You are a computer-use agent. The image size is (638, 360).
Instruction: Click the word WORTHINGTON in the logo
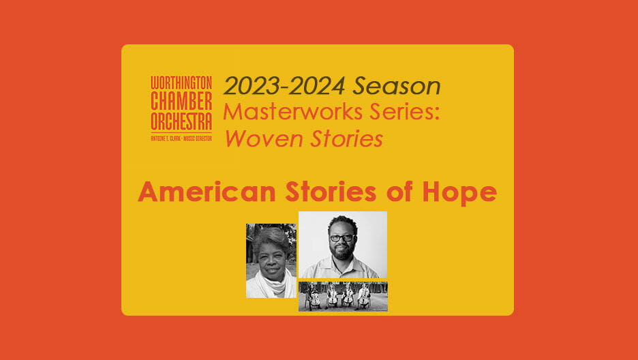[181, 82]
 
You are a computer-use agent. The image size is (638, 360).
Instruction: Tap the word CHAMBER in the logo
[181, 100]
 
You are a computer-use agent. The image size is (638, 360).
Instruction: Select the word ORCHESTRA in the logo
[181, 121]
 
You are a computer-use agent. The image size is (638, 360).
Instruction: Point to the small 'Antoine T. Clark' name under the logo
[166, 138]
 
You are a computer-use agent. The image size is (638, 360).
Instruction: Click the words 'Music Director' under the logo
[198, 138]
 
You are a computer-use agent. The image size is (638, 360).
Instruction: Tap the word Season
[397, 86]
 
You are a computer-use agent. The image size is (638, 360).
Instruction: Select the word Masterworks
[292, 112]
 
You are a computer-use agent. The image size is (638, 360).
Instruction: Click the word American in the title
[207, 192]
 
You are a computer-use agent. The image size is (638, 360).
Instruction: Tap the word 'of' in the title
[400, 191]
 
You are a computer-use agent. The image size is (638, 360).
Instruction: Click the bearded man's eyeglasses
[341, 238]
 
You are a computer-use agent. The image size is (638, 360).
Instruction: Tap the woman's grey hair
[271, 237]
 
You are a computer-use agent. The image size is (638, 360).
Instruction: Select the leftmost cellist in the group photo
[314, 297]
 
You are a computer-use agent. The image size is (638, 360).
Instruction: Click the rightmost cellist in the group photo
[364, 297]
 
